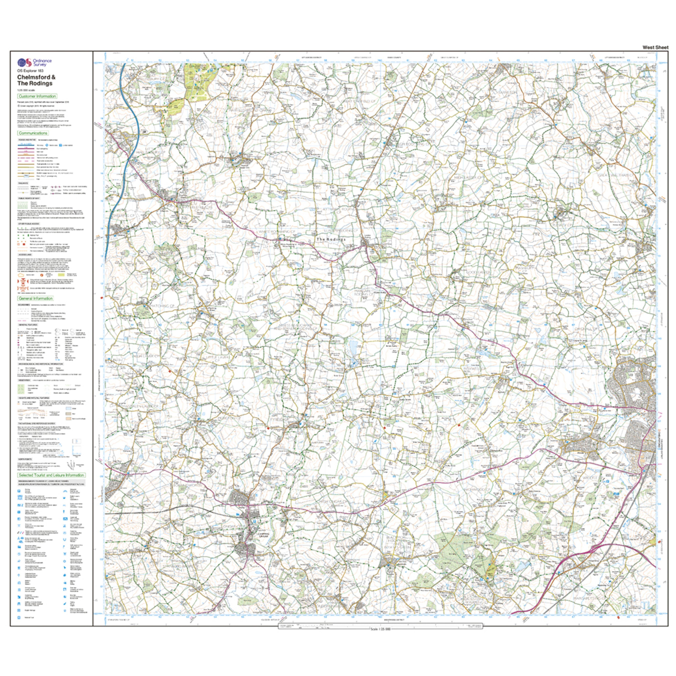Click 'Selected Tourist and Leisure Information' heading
point(51,475)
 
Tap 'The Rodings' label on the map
point(331,239)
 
